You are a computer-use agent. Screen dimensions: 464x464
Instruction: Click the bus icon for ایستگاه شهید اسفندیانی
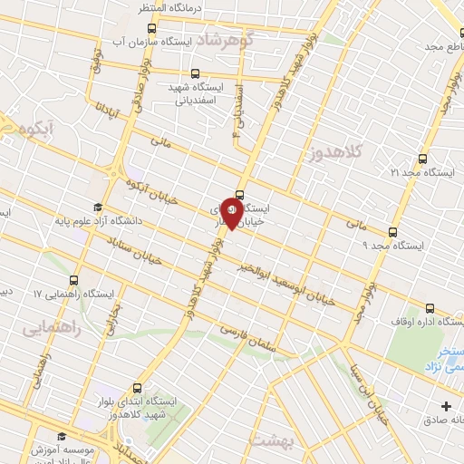[x=196, y=73]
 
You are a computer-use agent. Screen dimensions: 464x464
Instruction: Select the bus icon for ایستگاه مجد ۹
[x=391, y=231]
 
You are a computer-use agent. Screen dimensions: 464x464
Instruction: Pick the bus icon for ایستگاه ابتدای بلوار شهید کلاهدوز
[x=137, y=385]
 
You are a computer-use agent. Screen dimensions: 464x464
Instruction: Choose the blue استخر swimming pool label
[x=446, y=356]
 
